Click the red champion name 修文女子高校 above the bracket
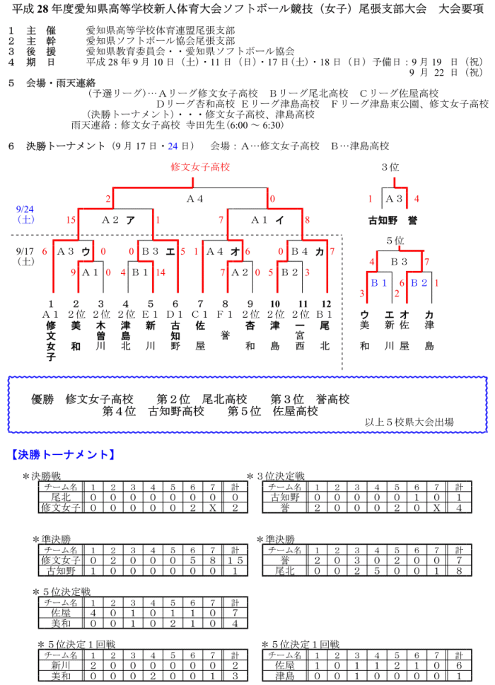coord(200,167)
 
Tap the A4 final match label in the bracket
coord(195,199)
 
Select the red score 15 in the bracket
coord(71,220)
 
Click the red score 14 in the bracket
coord(161,272)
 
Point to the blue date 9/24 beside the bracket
coord(25,210)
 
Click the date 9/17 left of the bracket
coord(25,251)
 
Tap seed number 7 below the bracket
coord(202,304)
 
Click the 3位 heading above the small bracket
coord(390,168)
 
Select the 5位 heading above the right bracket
coord(395,241)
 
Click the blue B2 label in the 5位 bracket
coord(420,283)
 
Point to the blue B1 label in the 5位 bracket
coord(380,283)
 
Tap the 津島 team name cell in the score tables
coord(284,676)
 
